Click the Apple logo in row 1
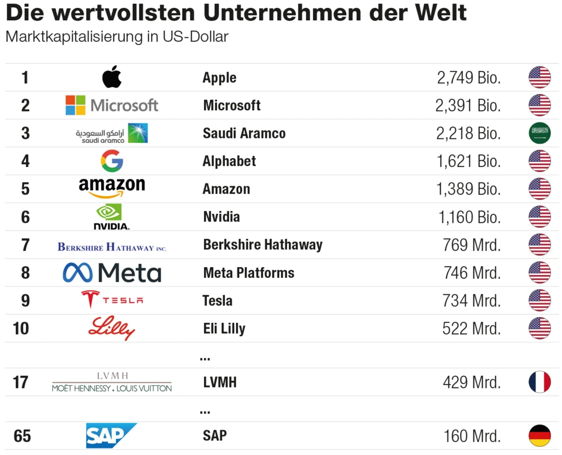point(112,77)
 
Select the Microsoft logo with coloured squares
point(112,105)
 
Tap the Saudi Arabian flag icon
point(540,133)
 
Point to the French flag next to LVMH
point(540,382)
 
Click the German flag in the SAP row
point(540,436)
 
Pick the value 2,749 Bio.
point(468,78)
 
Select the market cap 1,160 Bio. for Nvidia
point(468,217)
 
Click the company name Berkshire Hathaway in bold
point(262,245)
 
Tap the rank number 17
point(21,382)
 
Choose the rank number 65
point(22,436)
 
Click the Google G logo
point(112,161)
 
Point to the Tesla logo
point(112,300)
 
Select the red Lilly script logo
point(112,328)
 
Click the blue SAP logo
point(111,436)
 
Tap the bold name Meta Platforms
point(248,273)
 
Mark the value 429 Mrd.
point(472,382)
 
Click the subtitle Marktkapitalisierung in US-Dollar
point(117,37)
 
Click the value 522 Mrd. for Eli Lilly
point(471,328)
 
